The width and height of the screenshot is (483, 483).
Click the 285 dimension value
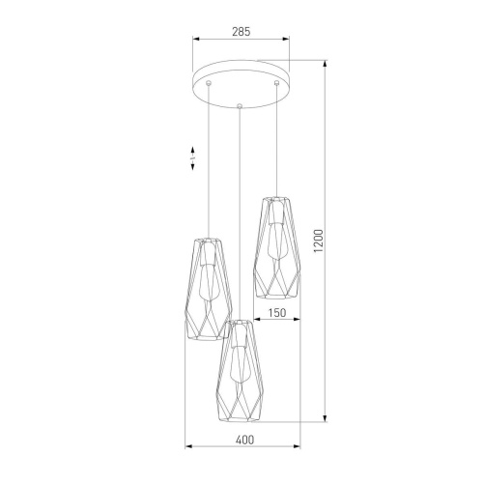[241, 32]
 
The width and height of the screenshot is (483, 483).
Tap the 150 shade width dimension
[275, 312]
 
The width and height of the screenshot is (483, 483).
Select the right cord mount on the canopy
[276, 84]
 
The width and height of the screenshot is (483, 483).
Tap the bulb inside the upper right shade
[276, 241]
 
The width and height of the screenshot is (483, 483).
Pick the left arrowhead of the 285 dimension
[196, 41]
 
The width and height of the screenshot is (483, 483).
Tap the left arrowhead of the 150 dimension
[256, 321]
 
